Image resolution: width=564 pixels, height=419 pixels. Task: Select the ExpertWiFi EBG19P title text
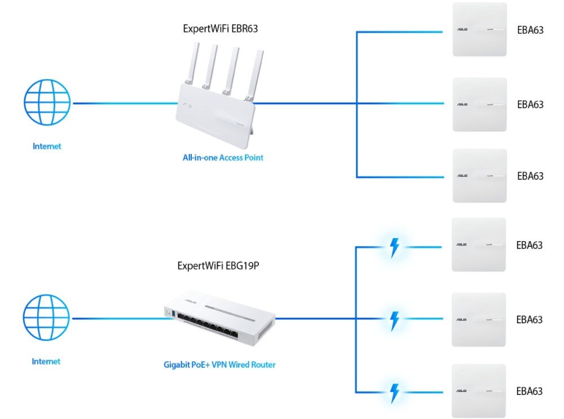click(x=218, y=265)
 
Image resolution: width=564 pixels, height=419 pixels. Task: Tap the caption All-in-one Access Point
click(x=223, y=158)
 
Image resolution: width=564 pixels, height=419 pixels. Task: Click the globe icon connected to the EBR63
click(x=47, y=102)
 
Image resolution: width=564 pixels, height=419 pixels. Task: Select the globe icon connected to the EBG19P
click(x=46, y=319)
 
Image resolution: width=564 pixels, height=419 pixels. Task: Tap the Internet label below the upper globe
click(x=47, y=146)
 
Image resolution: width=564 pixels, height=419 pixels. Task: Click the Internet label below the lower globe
click(x=46, y=362)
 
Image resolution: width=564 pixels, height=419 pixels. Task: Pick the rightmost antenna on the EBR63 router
click(x=258, y=70)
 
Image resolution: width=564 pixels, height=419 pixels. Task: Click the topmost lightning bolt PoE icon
click(x=395, y=247)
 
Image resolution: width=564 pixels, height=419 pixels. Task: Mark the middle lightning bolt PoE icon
click(x=395, y=319)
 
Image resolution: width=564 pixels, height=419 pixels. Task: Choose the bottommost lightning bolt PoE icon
click(x=395, y=392)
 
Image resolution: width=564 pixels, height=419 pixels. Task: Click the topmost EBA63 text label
click(x=530, y=30)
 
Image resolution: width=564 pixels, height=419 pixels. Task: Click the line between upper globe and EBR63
click(x=124, y=103)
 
